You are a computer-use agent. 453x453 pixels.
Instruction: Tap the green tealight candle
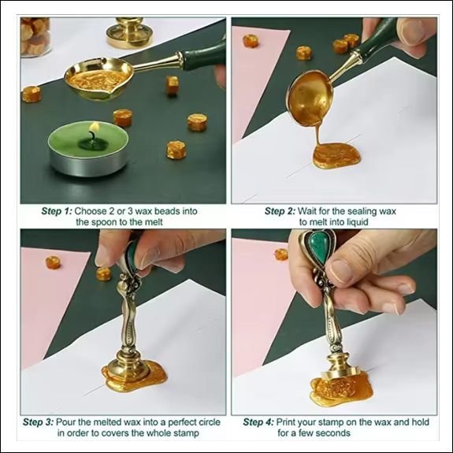click(87, 148)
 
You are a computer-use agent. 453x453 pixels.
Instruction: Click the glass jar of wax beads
click(35, 36)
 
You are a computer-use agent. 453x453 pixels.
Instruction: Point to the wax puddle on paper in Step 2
click(336, 156)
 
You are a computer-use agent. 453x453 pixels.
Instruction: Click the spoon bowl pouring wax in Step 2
click(310, 99)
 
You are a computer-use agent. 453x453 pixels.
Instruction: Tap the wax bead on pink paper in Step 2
click(251, 41)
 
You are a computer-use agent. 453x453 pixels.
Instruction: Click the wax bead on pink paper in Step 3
click(53, 262)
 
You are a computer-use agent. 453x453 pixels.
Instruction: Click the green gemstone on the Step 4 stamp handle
click(317, 248)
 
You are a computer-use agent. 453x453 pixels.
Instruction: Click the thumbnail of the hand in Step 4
click(341, 271)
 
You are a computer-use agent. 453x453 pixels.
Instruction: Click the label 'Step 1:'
click(57, 211)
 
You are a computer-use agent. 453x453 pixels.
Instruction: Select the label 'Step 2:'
click(280, 211)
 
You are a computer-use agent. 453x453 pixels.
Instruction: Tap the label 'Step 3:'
click(38, 422)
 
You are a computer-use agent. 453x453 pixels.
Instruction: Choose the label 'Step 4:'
click(258, 422)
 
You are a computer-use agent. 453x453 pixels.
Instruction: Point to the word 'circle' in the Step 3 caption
click(208, 422)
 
